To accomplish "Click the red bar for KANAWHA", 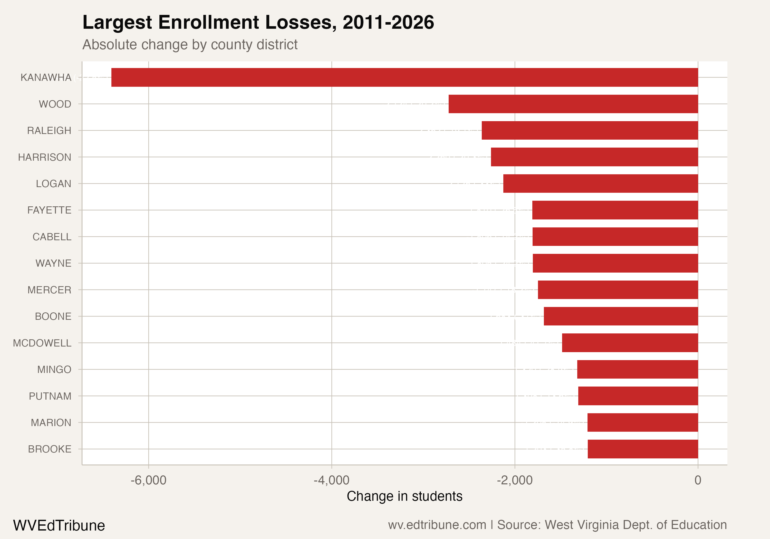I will tap(405, 77).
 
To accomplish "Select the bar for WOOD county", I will tap(573, 104).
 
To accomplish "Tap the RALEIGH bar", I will tap(590, 130).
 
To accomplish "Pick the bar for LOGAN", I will tap(600, 184).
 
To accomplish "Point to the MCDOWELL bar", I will tap(630, 343).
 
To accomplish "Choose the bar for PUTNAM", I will tap(638, 396).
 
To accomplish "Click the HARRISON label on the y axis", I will tap(45, 157).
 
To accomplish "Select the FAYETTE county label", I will tap(49, 210).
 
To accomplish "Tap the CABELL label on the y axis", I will tap(52, 237).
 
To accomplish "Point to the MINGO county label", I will tap(54, 370).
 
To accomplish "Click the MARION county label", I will tap(51, 423).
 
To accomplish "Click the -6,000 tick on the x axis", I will tap(148, 480).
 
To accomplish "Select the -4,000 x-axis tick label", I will tap(331, 480).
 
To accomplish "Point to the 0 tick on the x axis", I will tap(698, 480).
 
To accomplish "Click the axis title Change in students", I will tap(405, 496).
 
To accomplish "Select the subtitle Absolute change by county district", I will tap(190, 45).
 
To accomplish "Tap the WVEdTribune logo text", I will tap(59, 525).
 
